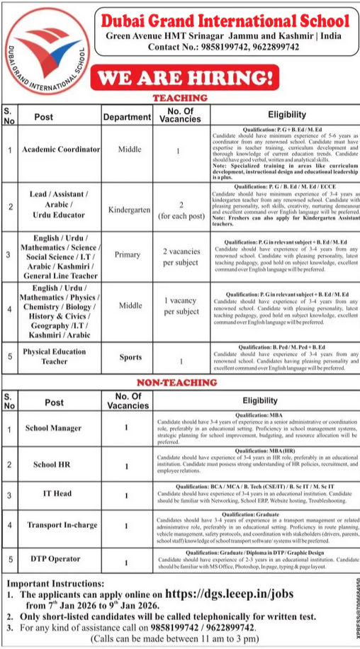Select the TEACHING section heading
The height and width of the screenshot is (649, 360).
point(181,98)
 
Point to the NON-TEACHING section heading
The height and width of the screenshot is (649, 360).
point(181,383)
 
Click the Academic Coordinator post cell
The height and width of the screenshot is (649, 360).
point(60,150)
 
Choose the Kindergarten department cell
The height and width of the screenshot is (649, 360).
point(127,210)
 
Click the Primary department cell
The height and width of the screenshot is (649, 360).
point(127,254)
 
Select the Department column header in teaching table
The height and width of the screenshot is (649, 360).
point(127,117)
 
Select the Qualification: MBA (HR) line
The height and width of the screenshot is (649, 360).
point(253,450)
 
